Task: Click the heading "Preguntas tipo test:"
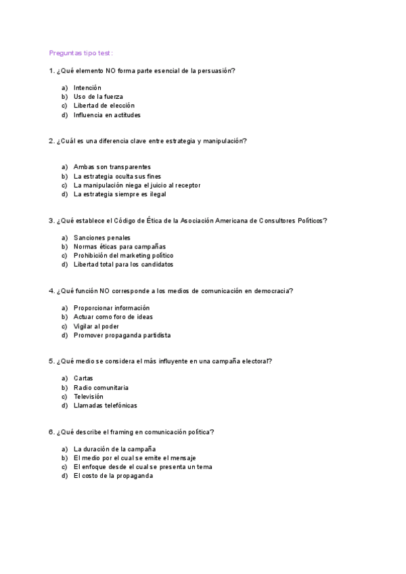pos(81,53)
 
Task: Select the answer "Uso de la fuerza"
pos(98,97)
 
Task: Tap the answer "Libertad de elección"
pos(104,106)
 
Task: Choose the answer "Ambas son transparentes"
pos(112,167)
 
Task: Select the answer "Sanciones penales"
pos(102,238)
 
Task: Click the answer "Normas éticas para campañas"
pos(119,246)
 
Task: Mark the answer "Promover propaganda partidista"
pos(122,335)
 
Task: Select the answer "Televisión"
pos(89,397)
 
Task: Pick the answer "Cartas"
pos(83,378)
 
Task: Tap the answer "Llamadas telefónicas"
pos(105,405)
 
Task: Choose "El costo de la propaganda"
pos(113,476)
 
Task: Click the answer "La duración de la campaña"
pos(114,449)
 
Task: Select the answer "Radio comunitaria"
pos(101,388)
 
